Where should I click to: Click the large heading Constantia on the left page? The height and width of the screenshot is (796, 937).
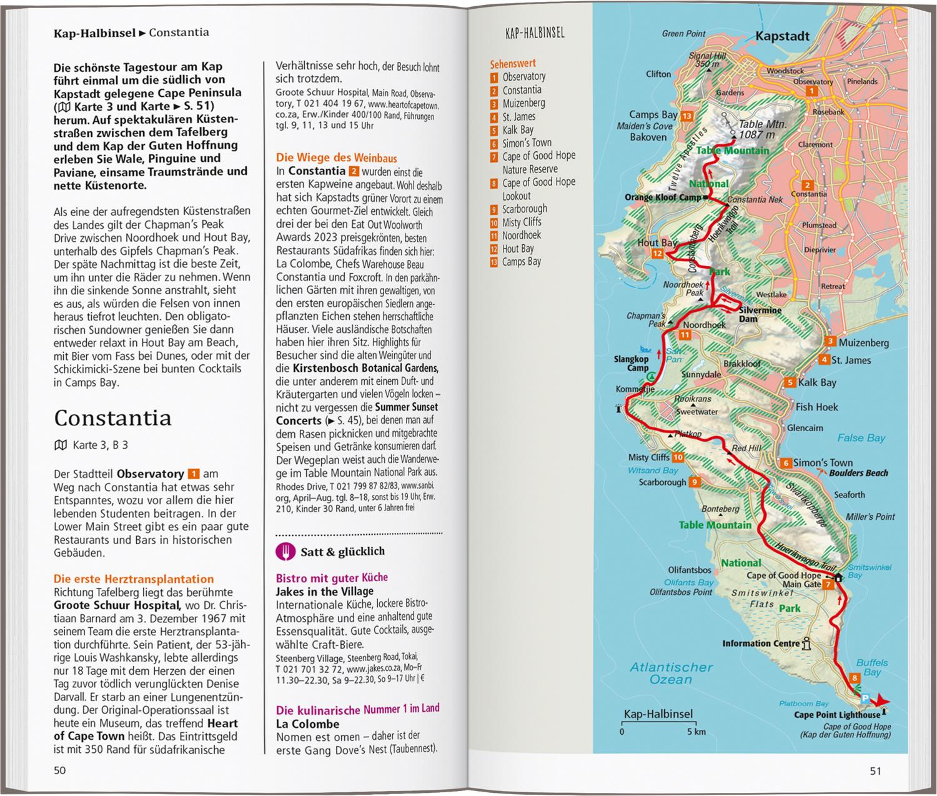pos(112,417)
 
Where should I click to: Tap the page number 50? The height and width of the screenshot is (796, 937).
pos(59,770)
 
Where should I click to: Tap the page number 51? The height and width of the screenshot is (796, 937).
pos(875,771)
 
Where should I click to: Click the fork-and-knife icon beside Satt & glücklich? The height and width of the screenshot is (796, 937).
pos(285,552)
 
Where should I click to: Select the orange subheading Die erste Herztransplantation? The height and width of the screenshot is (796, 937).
pos(134,579)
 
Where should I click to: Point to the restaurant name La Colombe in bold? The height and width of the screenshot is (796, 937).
pos(307,724)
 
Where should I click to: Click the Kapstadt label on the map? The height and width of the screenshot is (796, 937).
pos(782,36)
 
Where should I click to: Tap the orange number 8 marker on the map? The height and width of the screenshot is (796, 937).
pos(855,678)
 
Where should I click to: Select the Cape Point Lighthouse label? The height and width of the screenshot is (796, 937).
pos(836,715)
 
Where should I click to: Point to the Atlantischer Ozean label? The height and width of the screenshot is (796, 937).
pos(671,673)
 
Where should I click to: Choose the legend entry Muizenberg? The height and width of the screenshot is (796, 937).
pos(523,103)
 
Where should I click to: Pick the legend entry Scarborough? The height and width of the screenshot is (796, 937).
pos(524,209)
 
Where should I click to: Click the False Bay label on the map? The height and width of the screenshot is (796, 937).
pos(861,438)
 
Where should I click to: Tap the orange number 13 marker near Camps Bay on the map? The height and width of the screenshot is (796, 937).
pos(687,116)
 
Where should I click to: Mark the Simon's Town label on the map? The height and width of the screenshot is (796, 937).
pos(822,463)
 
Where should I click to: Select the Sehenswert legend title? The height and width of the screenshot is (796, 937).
pos(512,63)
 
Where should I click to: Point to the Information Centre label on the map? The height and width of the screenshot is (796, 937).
pos(761,644)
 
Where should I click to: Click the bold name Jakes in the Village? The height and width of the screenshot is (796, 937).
pos(324,591)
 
